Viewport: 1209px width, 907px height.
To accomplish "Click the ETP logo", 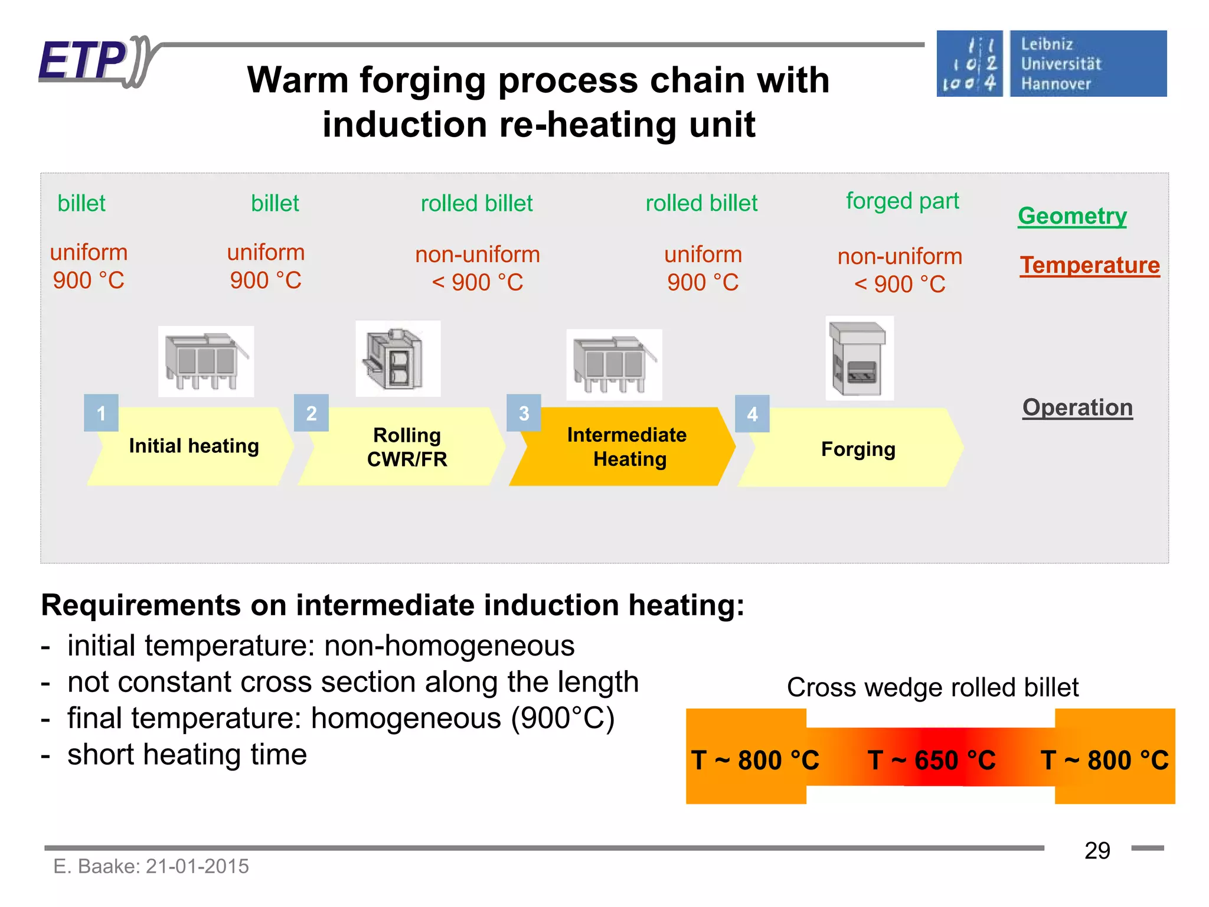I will (94, 61).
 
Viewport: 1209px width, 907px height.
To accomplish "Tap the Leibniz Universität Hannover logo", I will (1051, 64).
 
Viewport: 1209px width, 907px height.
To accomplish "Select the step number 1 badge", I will (101, 413).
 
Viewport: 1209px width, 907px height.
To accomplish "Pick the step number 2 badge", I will (311, 413).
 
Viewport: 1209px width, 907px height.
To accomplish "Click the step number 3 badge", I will (524, 413).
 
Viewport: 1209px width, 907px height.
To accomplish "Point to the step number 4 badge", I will (752, 413).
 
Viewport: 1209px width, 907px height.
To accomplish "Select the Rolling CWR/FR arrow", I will (404, 447).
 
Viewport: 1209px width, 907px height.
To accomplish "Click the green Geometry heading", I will (1072, 216).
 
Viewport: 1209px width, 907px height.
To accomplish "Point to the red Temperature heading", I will (1090, 265).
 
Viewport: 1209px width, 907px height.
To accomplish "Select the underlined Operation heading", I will (1077, 407).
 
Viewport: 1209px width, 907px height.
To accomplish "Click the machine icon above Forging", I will (859, 358).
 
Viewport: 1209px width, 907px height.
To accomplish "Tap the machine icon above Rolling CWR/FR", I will (397, 359).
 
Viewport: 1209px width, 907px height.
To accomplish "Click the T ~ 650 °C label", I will (931, 760).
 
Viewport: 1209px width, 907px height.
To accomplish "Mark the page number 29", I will (1097, 851).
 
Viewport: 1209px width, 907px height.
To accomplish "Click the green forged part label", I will (902, 201).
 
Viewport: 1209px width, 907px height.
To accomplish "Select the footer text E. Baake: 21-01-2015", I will (151, 866).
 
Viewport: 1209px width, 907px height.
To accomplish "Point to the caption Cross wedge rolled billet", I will (932, 687).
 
